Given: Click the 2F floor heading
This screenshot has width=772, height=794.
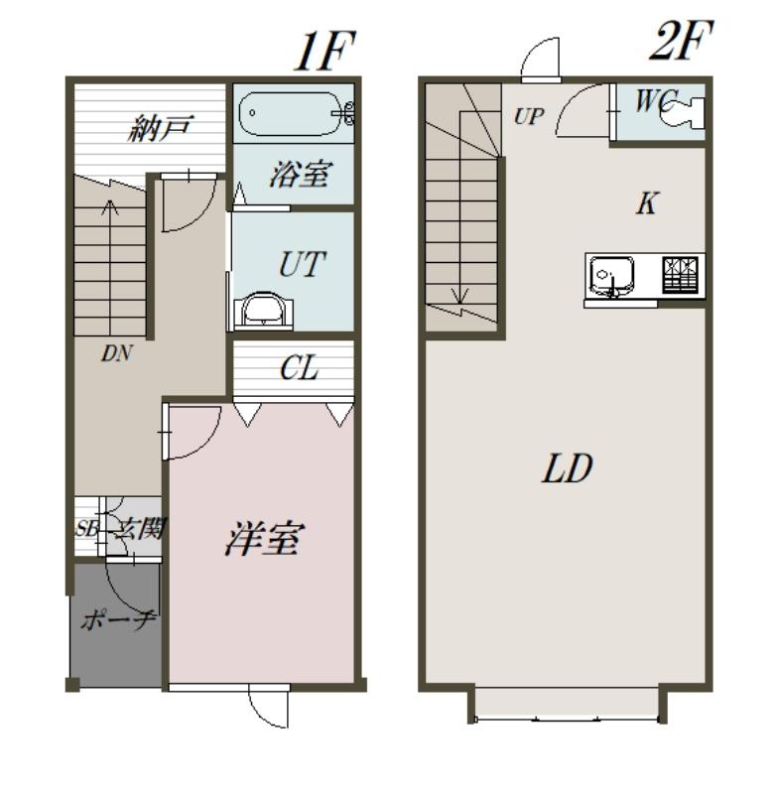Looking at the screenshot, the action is tap(682, 41).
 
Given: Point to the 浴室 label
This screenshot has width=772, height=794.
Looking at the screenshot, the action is tap(301, 174).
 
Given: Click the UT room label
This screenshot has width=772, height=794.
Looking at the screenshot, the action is tap(303, 264).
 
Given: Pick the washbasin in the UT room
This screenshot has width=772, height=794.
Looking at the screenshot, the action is tap(263, 310).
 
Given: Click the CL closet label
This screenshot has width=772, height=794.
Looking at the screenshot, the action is tap(300, 368).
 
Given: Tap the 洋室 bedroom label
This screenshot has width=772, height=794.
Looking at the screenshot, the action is tap(265, 538).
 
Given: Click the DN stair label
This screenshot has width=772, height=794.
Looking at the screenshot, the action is tap(116, 353).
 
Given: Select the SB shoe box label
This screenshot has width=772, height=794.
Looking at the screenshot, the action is tap(86, 529).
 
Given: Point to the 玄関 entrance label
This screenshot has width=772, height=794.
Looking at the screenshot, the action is tap(139, 530).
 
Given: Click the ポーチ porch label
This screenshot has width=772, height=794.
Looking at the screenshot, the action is tap(118, 619).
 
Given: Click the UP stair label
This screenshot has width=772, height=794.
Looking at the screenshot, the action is tap(529, 116).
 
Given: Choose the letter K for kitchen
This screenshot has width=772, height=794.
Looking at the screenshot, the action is tap(647, 203).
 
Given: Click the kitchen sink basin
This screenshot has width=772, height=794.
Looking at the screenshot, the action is tap(612, 276).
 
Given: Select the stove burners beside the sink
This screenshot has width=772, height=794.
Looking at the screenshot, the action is tap(681, 274).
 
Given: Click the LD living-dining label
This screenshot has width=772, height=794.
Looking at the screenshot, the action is tap(567, 467).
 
